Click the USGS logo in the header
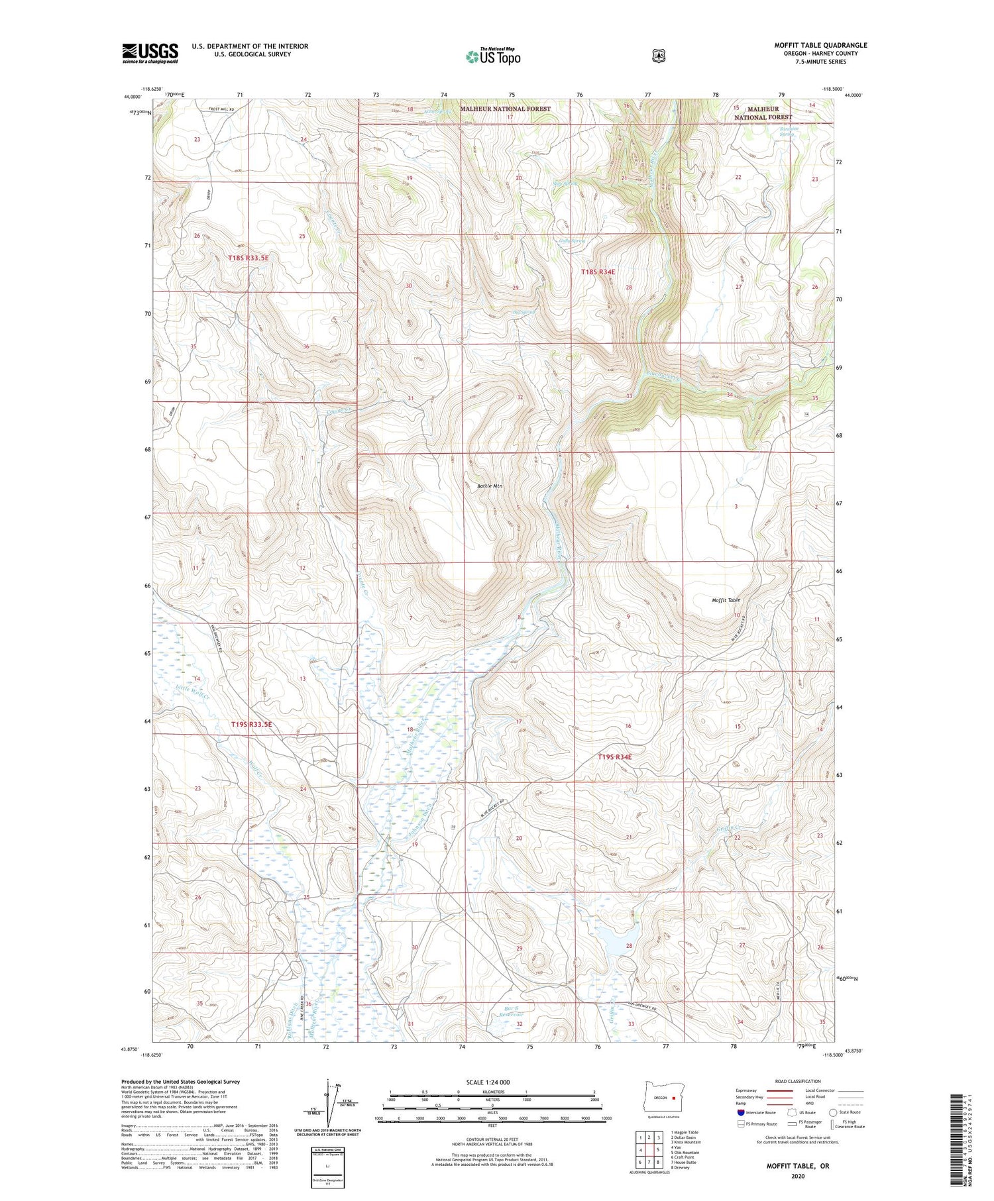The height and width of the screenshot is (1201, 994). tap(150, 53)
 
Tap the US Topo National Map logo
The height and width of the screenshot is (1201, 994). tap(492, 56)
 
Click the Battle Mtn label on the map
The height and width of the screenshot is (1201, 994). tap(490, 486)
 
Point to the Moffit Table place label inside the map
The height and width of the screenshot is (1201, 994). tap(726, 600)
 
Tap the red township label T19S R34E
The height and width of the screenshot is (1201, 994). tap(614, 757)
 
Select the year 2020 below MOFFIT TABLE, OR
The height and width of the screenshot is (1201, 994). tap(797, 1176)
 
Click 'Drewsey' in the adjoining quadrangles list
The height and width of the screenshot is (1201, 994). tap(681, 1167)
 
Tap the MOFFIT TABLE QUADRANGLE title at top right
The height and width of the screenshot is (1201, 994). tap(820, 45)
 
